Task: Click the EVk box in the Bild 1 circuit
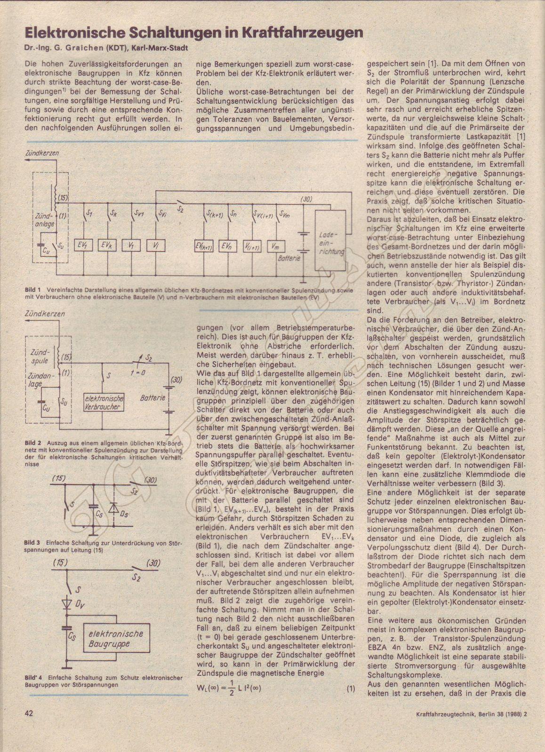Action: [x=108, y=245]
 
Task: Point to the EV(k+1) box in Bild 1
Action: [x=204, y=246]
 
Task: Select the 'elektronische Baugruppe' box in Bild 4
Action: [x=117, y=640]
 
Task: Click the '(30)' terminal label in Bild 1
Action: [x=306, y=199]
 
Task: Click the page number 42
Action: [x=29, y=727]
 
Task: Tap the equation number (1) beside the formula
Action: [x=351, y=689]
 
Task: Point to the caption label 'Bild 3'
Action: [x=33, y=543]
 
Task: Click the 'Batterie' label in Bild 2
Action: [x=153, y=398]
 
